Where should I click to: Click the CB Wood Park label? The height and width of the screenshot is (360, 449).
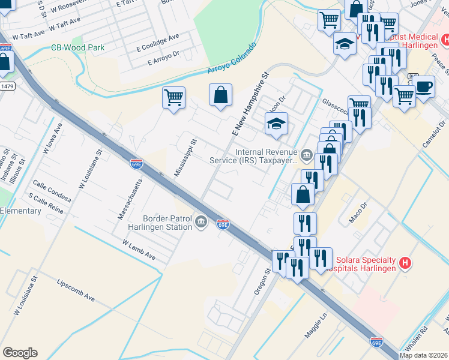click(x=77, y=47)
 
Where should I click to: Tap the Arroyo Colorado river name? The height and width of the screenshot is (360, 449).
click(x=232, y=59)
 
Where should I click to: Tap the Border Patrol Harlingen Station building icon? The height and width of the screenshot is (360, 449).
click(x=201, y=223)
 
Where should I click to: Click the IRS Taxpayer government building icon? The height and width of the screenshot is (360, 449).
click(x=306, y=156)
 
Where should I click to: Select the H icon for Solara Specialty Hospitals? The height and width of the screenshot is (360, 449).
click(x=406, y=263)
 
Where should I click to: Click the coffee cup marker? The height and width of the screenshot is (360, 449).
click(x=424, y=86)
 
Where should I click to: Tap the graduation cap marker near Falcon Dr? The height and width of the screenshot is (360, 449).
click(x=276, y=124)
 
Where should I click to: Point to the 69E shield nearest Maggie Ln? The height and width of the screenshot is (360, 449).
click(x=376, y=342)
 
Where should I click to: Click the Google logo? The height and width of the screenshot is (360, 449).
click(x=20, y=353)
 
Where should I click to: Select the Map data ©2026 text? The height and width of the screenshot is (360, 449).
click(x=423, y=355)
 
